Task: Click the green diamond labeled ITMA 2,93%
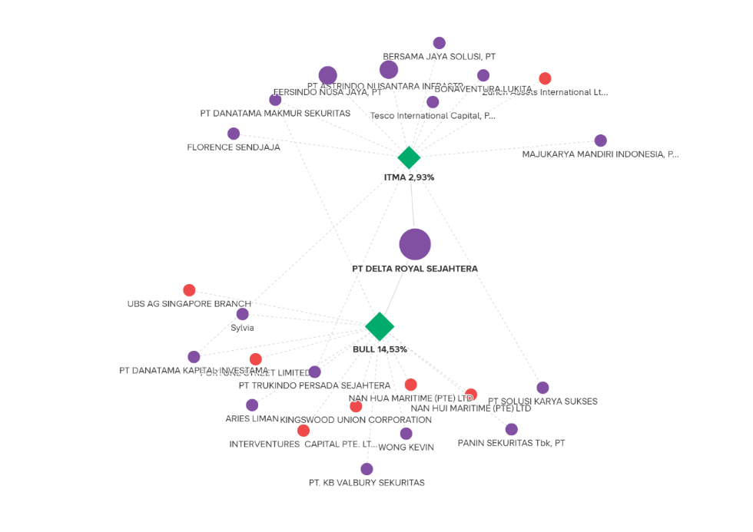[x=409, y=157]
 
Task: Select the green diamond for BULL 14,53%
[x=380, y=326]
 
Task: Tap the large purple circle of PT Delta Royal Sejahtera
[x=415, y=244]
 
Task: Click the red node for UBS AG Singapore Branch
[x=189, y=290]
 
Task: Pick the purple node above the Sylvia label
[x=243, y=314]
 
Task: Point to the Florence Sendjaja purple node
[x=234, y=134]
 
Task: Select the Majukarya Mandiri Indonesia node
[x=601, y=140]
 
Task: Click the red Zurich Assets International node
[x=545, y=78]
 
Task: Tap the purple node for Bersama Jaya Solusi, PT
[x=440, y=43]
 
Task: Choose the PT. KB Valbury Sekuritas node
[x=367, y=469]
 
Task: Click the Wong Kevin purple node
[x=406, y=434]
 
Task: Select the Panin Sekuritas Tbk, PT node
[x=512, y=429]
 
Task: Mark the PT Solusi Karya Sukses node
[x=542, y=388]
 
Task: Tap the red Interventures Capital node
[x=304, y=431]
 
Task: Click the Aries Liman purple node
[x=252, y=405]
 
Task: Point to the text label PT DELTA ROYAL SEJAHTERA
[x=415, y=269]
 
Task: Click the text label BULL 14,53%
[x=380, y=349]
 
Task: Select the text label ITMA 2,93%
[x=409, y=177]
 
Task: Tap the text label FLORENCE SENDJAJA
[x=234, y=147]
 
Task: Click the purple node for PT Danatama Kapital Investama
[x=194, y=357]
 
